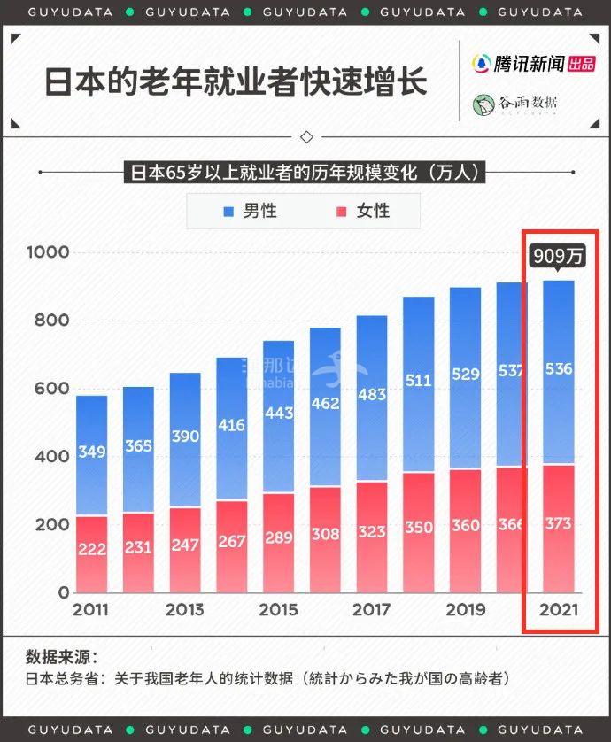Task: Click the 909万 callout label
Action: [x=559, y=257]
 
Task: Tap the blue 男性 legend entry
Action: [x=251, y=212]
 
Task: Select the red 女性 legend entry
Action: [x=363, y=212]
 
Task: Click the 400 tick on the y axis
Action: [x=51, y=457]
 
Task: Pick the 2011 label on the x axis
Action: [x=91, y=610]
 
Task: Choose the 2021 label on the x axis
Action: [x=559, y=610]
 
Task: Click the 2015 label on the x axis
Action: [x=278, y=610]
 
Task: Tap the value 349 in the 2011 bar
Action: [x=91, y=452]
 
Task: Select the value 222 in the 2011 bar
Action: [x=91, y=550]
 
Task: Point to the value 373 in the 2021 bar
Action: [x=559, y=524]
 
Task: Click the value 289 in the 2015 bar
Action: [x=278, y=538]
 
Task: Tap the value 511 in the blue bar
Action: [x=418, y=381]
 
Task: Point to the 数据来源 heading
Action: [x=61, y=657]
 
